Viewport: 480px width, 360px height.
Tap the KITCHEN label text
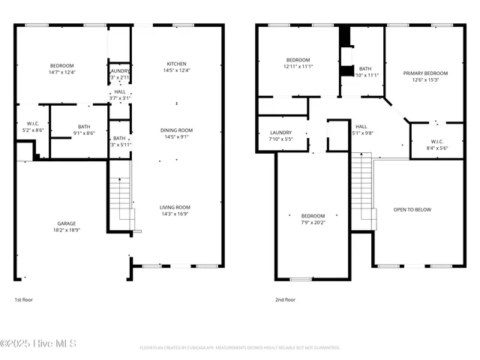point(176,64)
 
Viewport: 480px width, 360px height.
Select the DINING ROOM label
point(176,130)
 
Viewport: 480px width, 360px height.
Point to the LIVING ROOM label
point(176,207)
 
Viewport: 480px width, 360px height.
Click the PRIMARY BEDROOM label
point(425,73)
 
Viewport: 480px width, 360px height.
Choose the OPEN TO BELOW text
point(412,209)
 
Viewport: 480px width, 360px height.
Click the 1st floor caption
point(24,299)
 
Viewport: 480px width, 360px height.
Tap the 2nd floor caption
point(285,299)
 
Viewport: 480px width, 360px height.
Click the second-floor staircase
point(364,191)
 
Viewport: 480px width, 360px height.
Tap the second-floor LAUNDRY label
point(280,132)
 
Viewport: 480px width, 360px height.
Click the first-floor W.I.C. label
point(31,124)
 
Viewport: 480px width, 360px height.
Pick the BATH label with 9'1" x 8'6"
point(84,127)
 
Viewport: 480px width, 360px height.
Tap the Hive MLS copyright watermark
point(43,343)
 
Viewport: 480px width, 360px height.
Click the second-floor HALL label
point(361,126)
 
